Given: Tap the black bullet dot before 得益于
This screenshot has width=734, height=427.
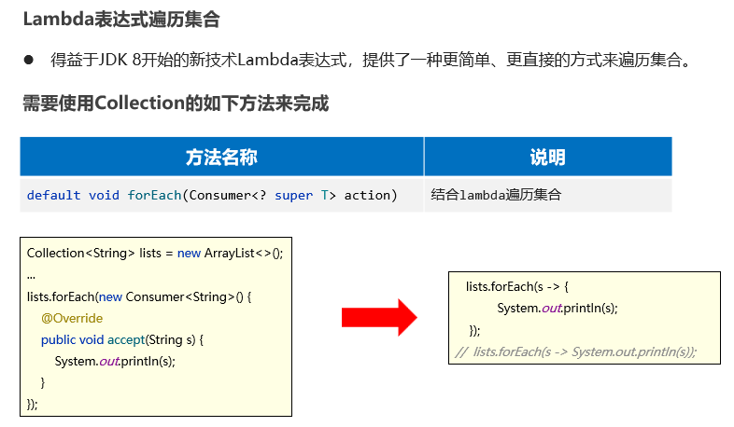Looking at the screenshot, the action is pyautogui.click(x=29, y=61).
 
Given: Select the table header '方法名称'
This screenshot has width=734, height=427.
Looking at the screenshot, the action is pyautogui.click(x=221, y=157).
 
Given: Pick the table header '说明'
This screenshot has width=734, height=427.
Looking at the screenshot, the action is pyautogui.click(x=547, y=157).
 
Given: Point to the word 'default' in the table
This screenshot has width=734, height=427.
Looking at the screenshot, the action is pyautogui.click(x=53, y=195).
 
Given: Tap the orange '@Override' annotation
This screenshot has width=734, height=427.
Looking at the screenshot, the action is pyautogui.click(x=72, y=318).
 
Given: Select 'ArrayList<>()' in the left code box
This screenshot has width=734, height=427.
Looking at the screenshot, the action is pyautogui.click(x=243, y=254).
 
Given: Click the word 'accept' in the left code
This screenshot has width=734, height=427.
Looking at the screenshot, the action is pyautogui.click(x=125, y=339).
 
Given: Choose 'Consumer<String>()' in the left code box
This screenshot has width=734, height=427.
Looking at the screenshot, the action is pyautogui.click(x=184, y=296).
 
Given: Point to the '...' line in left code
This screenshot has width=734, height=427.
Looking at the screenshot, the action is pyautogui.click(x=32, y=275).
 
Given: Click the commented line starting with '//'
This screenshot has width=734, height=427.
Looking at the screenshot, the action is pyautogui.click(x=576, y=351).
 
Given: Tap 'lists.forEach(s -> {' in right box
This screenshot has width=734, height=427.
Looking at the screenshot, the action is pyautogui.click(x=517, y=286).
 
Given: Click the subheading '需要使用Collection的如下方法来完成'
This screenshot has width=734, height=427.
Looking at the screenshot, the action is pyautogui.click(x=176, y=103).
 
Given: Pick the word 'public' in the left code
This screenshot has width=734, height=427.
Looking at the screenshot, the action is pyautogui.click(x=59, y=339).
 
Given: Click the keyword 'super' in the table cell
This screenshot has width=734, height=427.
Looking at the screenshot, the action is pyautogui.click(x=294, y=195).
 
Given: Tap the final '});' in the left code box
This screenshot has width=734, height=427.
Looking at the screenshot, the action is pyautogui.click(x=33, y=404).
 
